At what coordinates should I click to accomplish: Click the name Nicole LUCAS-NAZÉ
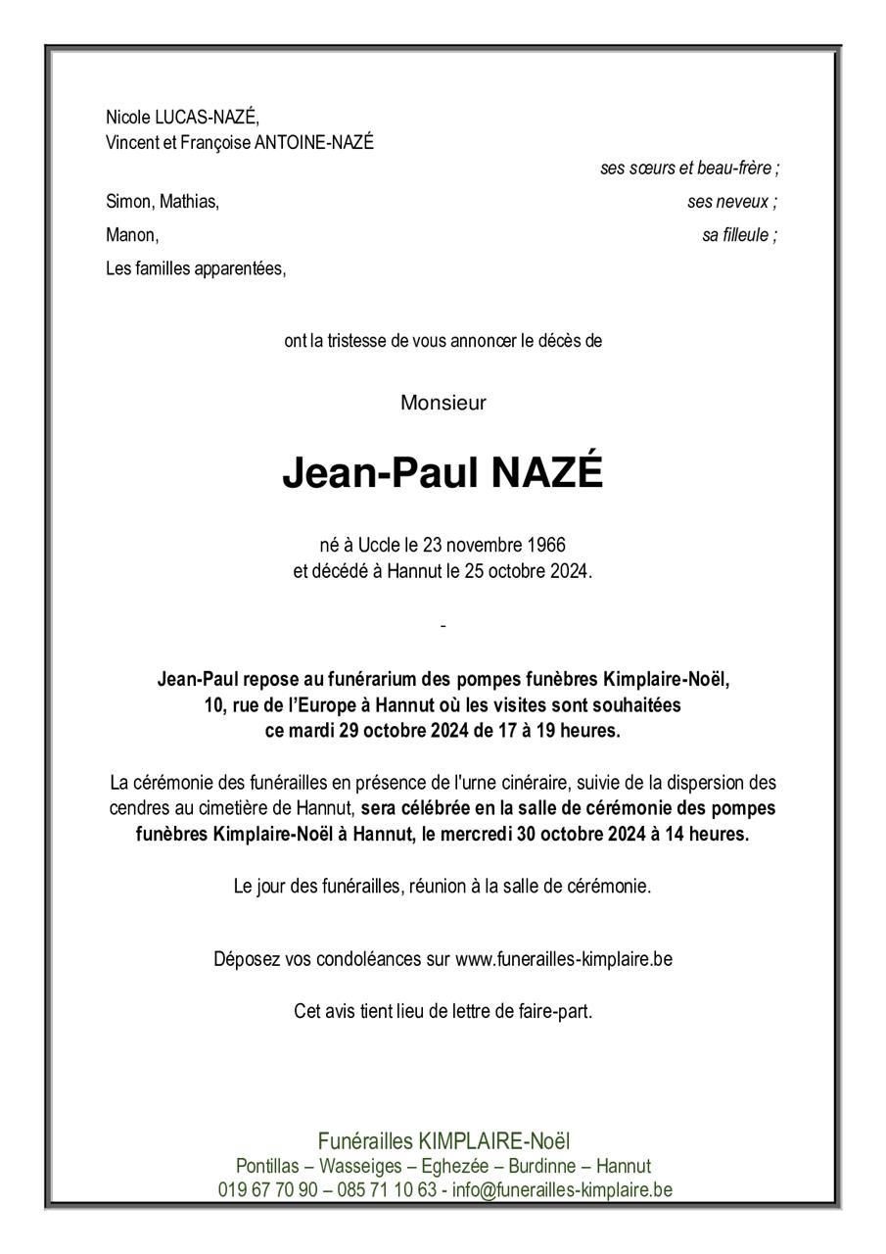(182, 117)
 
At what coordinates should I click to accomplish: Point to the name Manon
(131, 235)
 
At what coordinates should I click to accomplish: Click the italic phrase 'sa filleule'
(737, 235)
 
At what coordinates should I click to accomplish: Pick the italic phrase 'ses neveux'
(729, 202)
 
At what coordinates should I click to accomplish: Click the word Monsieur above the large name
(443, 403)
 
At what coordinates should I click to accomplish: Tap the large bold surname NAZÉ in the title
(546, 474)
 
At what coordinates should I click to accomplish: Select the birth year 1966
(545, 545)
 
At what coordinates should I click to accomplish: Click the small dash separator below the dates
(443, 625)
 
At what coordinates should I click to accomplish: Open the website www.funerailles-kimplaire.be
(563, 959)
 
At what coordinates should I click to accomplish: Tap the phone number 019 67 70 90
(267, 1190)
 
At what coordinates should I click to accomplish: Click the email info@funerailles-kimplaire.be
(562, 1190)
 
